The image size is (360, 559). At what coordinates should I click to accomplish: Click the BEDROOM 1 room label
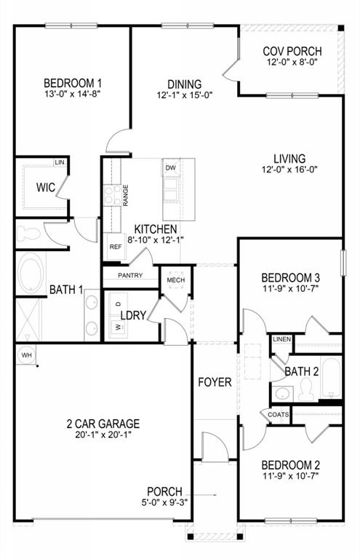(72, 83)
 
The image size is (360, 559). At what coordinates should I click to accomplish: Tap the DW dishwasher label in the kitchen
(171, 168)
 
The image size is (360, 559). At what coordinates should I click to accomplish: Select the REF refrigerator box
(116, 247)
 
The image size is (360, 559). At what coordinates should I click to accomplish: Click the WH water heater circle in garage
(26, 354)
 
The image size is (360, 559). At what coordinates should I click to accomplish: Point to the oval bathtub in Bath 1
(30, 274)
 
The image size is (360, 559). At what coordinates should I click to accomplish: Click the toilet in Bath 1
(29, 234)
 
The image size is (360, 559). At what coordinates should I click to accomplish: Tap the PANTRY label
(129, 275)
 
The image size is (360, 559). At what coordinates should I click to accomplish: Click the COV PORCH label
(292, 52)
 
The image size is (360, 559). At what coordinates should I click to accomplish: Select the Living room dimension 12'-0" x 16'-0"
(289, 170)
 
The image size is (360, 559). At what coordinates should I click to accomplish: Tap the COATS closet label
(278, 415)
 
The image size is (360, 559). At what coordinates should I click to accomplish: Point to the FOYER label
(215, 382)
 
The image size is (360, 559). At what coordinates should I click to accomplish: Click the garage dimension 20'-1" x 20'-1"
(102, 435)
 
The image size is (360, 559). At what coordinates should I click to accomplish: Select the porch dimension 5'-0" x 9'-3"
(164, 503)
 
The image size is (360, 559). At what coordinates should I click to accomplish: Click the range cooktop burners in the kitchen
(113, 194)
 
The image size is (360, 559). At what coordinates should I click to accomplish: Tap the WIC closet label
(47, 186)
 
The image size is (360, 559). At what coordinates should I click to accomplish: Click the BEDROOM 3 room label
(291, 277)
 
